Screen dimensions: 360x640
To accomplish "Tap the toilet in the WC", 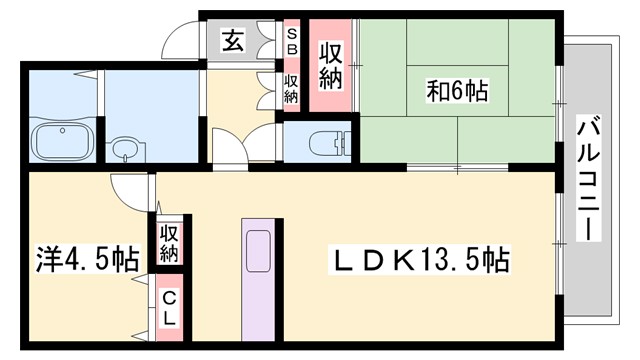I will coord(321,141).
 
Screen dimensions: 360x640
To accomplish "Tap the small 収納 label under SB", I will coord(291,89).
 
